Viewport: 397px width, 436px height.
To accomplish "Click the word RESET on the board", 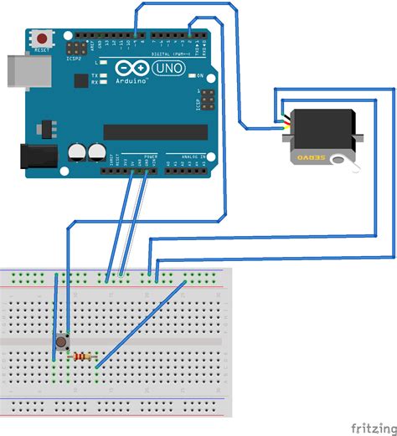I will tap(41, 49).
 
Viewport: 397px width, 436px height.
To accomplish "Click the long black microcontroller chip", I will tap(155, 131).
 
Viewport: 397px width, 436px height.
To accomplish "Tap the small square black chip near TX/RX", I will tap(80, 81).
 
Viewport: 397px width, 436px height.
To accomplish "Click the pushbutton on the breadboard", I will tap(64, 341).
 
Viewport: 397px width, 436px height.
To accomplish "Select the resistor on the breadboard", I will tap(82, 357).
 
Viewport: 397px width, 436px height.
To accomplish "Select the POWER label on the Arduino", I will tap(151, 156).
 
